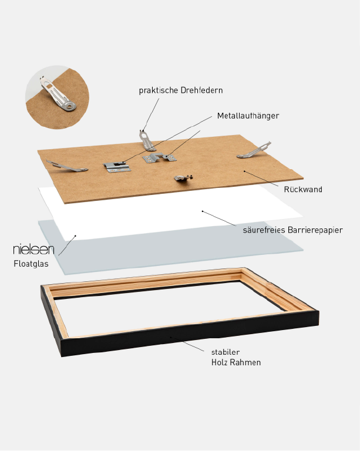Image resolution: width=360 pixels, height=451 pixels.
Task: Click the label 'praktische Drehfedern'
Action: pyautogui.click(x=181, y=90)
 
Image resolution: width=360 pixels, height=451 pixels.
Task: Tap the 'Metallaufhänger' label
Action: pyautogui.click(x=248, y=116)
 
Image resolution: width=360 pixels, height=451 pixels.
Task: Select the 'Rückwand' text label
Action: pyautogui.click(x=303, y=189)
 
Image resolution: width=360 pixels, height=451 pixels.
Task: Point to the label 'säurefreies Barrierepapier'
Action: pyautogui.click(x=292, y=230)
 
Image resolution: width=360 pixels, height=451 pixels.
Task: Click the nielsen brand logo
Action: pyautogui.click(x=33, y=250)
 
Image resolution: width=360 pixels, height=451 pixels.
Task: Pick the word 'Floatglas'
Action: pyautogui.click(x=31, y=264)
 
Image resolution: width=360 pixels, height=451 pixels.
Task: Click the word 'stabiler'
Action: pyautogui.click(x=226, y=352)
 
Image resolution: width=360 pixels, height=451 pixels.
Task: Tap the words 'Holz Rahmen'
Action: pyautogui.click(x=236, y=362)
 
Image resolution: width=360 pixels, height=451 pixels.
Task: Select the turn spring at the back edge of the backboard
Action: pyautogui.click(x=147, y=140)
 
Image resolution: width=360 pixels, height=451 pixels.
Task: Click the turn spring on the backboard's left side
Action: pyautogui.click(x=67, y=166)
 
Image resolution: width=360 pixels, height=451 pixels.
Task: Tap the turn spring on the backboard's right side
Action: pyautogui.click(x=254, y=150)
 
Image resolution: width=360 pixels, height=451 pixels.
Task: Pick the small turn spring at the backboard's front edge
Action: pyautogui.click(x=183, y=178)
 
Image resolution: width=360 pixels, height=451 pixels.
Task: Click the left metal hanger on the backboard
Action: pyautogui.click(x=117, y=167)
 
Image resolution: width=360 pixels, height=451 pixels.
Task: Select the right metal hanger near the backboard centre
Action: pyautogui.click(x=159, y=157)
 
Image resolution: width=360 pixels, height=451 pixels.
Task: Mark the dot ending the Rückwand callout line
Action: pyautogui.click(x=244, y=171)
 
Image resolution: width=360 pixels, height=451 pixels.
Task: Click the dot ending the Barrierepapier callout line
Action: pyautogui.click(x=203, y=211)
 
